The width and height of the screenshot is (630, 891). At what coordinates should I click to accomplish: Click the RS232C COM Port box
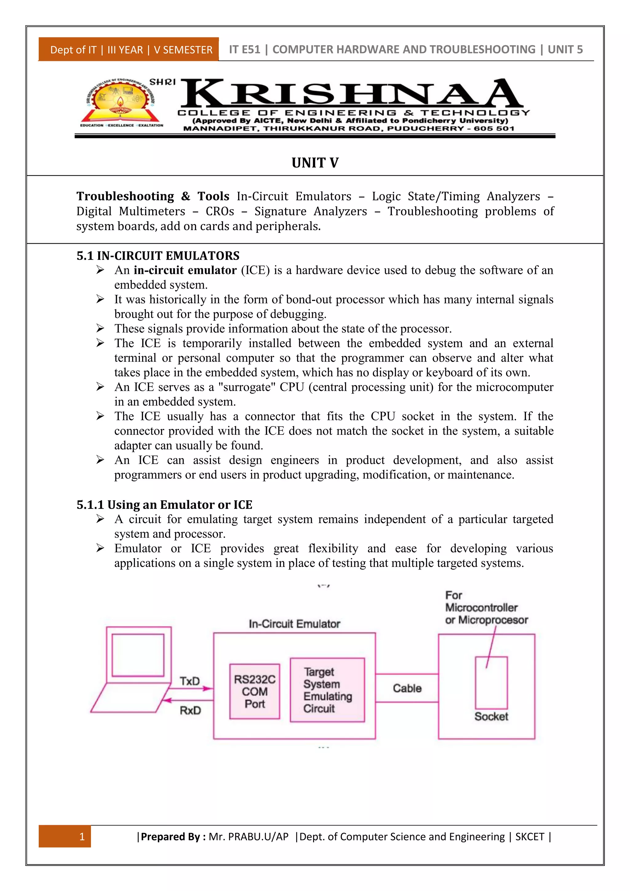click(x=254, y=692)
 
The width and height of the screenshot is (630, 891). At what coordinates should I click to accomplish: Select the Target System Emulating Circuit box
click(x=327, y=690)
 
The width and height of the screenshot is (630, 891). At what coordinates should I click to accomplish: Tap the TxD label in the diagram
click(x=190, y=681)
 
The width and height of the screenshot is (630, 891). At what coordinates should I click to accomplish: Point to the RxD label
click(x=190, y=710)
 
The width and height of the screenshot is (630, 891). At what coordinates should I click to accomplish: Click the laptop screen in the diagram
click(x=138, y=655)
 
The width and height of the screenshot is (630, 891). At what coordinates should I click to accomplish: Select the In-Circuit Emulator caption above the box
click(x=294, y=624)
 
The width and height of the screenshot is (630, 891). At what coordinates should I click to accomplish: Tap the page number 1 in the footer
click(x=82, y=836)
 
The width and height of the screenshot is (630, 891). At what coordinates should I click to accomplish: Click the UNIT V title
click(x=315, y=162)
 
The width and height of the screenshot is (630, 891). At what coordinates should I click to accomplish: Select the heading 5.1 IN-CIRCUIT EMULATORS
click(x=158, y=256)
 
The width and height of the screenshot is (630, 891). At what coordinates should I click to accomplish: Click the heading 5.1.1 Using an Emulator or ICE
click(x=165, y=505)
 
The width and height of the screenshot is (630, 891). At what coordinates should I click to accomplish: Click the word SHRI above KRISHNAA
click(x=162, y=82)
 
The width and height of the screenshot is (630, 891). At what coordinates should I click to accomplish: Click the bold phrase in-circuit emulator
click(x=185, y=270)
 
